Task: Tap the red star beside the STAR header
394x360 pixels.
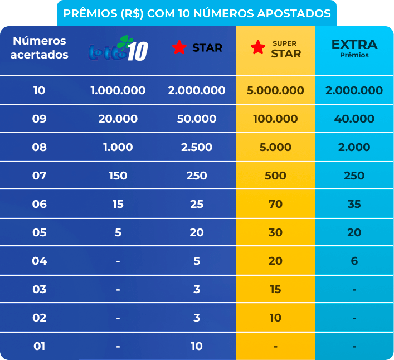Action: [179, 48]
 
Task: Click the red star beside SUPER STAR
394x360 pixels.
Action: [258, 48]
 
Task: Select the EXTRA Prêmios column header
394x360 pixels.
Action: [354, 48]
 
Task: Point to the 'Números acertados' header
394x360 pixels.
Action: [39, 48]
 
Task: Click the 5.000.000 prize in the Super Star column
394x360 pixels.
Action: [275, 90]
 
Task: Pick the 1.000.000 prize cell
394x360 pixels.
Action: [118, 90]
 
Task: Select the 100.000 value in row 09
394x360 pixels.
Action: [275, 119]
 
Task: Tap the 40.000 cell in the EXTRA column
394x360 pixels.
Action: [354, 119]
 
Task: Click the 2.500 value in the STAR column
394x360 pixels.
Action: [197, 147]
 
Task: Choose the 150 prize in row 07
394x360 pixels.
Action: [118, 176]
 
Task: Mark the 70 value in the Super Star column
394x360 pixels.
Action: [275, 204]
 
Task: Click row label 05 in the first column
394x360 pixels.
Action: [39, 232]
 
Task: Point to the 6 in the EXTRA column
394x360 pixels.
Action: [354, 261]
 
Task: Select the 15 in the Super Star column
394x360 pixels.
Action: [275, 289]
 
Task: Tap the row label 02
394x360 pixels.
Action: [39, 318]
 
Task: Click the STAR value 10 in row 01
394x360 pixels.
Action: [197, 346]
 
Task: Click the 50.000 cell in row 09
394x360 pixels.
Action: [197, 119]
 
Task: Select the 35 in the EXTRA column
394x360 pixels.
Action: [354, 204]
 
